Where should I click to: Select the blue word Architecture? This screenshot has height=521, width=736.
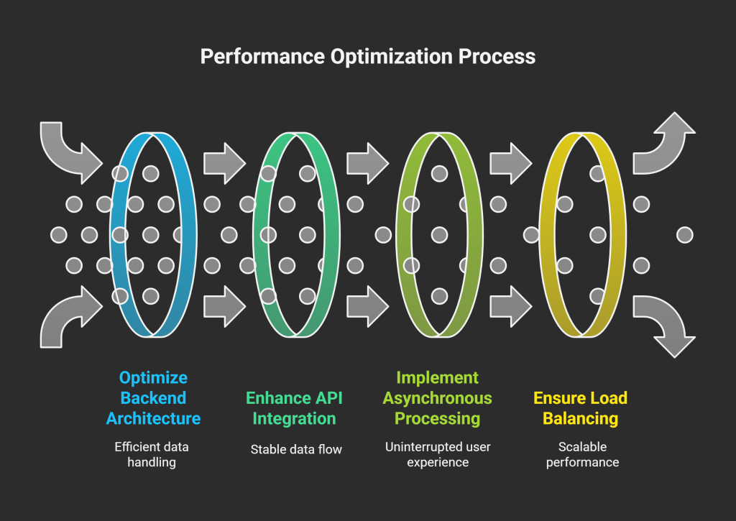pos(153,418)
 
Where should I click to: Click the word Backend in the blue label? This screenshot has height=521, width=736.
pos(153,398)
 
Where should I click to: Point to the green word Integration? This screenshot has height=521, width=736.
pos(294,418)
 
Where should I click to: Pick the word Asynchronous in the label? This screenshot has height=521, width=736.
pos(437,398)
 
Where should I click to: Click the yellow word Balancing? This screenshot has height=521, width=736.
pos(580,418)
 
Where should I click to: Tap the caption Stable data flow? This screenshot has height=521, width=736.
pos(296,450)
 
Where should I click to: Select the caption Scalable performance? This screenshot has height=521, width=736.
pos(582,455)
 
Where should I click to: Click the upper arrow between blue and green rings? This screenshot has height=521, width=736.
pos(224,163)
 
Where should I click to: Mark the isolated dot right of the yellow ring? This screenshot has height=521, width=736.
pos(685,234)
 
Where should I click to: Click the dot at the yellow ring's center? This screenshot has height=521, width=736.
pos(598,234)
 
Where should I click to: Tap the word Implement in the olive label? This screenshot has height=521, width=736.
pos(437,378)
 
